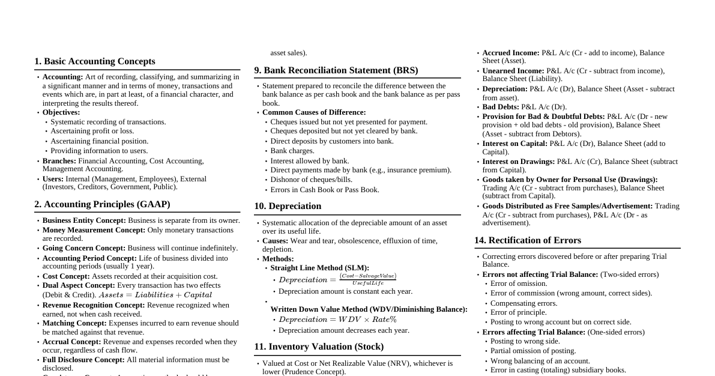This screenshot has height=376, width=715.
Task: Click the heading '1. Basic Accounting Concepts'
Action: tap(95, 61)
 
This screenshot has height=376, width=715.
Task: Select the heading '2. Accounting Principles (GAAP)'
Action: tap(102, 204)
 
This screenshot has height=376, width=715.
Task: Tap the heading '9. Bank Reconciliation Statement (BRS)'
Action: tap(336, 70)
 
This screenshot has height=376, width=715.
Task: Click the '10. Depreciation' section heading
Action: tap(288, 206)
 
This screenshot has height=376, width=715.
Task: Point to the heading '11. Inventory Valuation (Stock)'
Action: tap(319, 347)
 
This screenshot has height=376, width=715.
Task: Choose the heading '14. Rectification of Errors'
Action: tap(528, 240)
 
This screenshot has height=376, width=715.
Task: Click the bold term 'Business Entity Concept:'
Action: tap(84, 220)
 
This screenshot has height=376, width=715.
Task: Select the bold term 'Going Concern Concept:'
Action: tap(84, 248)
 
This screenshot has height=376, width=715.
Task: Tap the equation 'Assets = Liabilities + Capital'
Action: tap(155, 295)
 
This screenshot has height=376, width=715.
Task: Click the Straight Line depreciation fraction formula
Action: tap(337, 279)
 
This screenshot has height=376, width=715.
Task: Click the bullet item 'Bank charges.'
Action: tap(292, 151)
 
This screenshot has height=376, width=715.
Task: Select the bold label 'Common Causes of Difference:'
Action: tap(314, 112)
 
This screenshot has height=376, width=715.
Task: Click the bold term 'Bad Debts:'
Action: tap(501, 107)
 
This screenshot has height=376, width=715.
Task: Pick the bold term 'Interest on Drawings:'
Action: tap(519, 162)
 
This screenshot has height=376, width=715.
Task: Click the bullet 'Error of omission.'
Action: tap(519, 284)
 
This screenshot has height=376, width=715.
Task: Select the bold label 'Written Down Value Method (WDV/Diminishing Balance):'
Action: tap(369, 309)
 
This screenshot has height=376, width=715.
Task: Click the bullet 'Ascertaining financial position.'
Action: tap(100, 141)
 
